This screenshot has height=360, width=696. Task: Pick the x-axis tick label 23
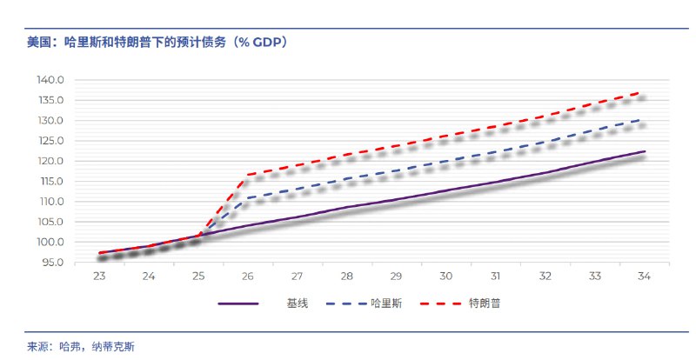[x=99, y=276]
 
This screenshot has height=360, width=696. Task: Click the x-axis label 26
[x=247, y=276]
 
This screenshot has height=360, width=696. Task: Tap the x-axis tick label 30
[x=445, y=276]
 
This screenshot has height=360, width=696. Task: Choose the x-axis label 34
[x=644, y=276]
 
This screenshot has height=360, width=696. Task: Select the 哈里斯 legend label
[x=386, y=303]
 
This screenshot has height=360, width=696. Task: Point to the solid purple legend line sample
[x=238, y=303]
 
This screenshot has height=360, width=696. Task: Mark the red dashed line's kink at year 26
[x=247, y=175]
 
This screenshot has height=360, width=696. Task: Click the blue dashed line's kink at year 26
[x=247, y=198]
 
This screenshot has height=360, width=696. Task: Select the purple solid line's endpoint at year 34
[x=644, y=151]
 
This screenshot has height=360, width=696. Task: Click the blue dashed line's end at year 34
[x=644, y=119]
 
